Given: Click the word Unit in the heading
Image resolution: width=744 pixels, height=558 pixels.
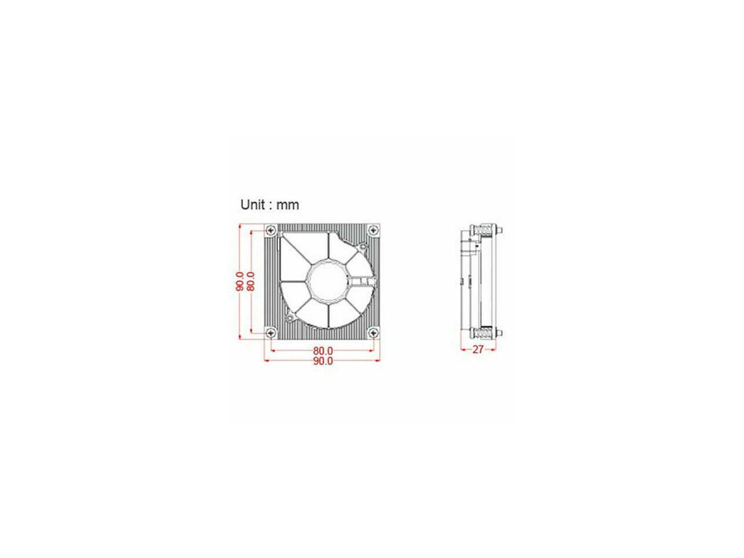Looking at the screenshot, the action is coord(252,205).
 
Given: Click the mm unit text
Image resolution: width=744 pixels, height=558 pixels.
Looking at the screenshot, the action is coord(288,205).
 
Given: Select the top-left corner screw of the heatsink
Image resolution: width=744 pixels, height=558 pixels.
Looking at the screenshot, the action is coord(271,230).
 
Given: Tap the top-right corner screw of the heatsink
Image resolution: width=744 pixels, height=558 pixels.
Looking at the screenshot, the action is coord(374,230).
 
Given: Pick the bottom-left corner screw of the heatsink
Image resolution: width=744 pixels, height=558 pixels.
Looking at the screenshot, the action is coord(271,333).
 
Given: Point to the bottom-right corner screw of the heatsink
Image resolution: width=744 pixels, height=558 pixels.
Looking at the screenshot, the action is coord(374,333).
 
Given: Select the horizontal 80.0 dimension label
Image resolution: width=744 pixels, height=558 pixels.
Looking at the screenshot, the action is coord(323,351).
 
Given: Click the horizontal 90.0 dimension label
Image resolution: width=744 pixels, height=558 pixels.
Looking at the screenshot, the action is coord(323,361).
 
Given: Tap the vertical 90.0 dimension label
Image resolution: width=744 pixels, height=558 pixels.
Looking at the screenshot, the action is coord(240,281).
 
